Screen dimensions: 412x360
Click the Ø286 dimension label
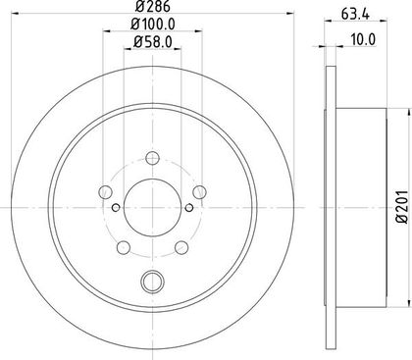point(153,6)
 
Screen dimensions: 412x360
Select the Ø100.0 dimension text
point(153,24)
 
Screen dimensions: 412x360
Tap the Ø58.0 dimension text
point(153,42)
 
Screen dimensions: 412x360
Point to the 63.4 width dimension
point(355,14)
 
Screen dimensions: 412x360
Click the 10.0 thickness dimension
point(363,39)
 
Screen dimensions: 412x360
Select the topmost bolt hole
point(152,159)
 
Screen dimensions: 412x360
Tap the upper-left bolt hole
point(105,192)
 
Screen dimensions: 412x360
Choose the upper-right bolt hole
point(199,192)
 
